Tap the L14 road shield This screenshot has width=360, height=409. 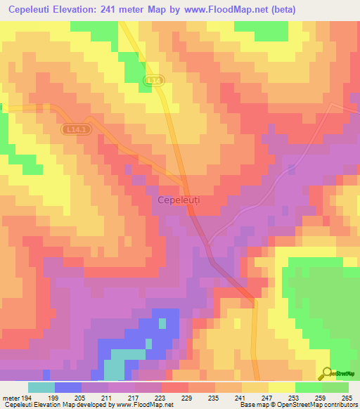tap(155, 82)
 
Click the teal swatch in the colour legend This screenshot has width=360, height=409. tap(41, 387)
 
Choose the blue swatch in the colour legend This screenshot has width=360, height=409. tap(68, 387)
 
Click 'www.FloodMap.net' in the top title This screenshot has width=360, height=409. tap(228, 10)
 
